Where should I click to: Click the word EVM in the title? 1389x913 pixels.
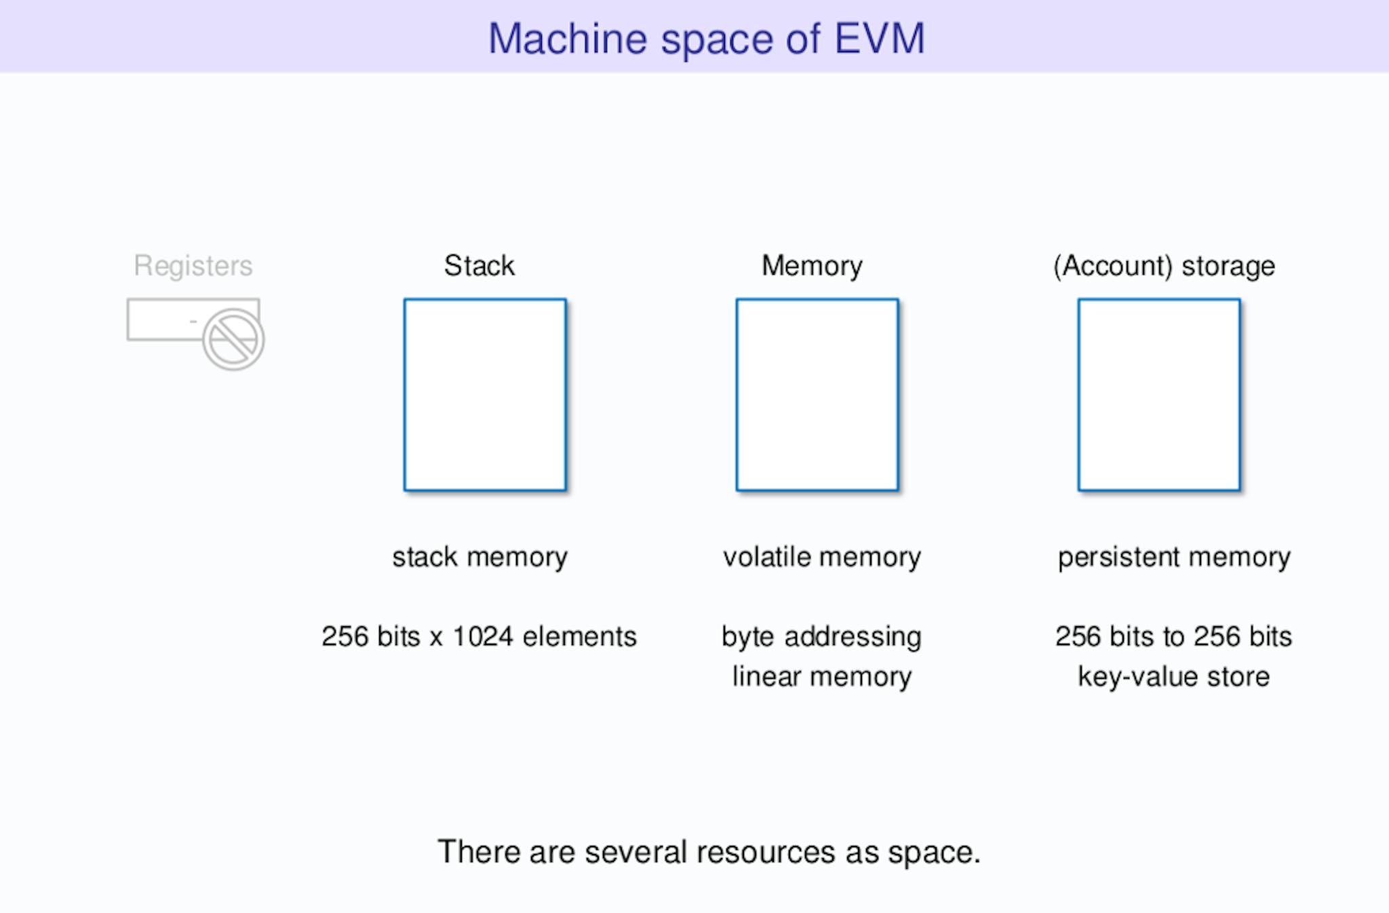coord(879,39)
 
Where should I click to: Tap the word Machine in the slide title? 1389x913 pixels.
coord(568,39)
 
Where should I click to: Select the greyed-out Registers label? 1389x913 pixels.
coord(193,265)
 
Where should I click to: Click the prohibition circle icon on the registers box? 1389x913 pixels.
coord(233,339)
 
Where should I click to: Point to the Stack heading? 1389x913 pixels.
coord(480,265)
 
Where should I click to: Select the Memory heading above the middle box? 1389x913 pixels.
coord(812,266)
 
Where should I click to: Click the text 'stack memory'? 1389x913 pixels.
coord(480,558)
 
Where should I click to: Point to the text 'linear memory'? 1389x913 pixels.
coord(822,677)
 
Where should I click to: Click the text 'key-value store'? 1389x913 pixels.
coord(1173,677)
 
